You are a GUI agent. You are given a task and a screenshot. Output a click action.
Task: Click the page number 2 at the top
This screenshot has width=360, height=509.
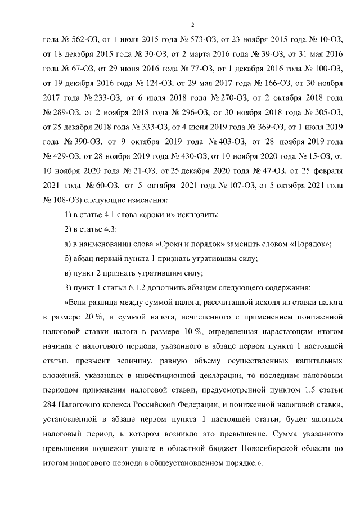click(x=192, y=25)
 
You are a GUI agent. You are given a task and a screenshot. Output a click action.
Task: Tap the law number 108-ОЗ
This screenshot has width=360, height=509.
click(x=59, y=201)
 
